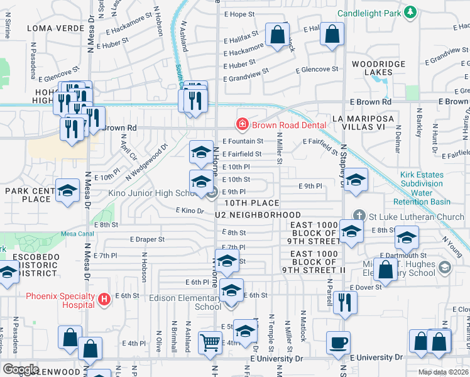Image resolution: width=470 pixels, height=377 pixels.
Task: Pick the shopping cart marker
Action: coord(210,342)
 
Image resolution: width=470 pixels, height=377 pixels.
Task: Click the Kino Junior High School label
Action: coord(148,194)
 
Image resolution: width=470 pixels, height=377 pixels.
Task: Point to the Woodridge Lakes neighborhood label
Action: coord(373,68)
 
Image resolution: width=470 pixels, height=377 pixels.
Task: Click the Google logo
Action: coord(20,369)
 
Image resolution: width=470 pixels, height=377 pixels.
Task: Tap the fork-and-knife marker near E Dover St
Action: coord(345,302)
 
